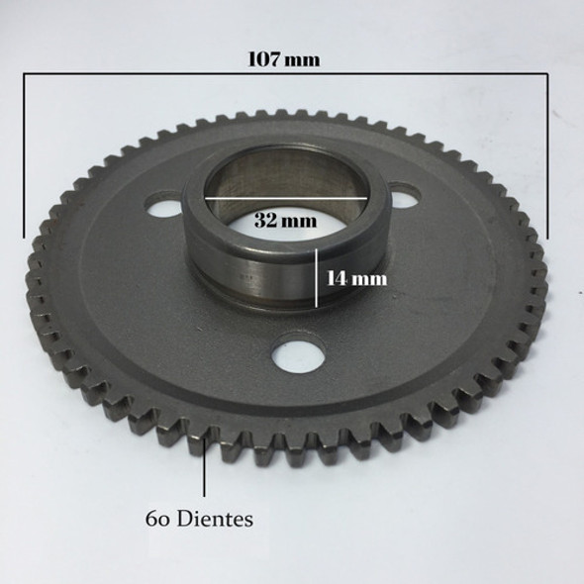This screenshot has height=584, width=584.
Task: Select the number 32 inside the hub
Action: point(263,221)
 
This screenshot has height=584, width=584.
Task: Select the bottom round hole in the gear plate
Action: point(293,356)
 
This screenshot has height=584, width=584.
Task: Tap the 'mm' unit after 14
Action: point(370,278)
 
